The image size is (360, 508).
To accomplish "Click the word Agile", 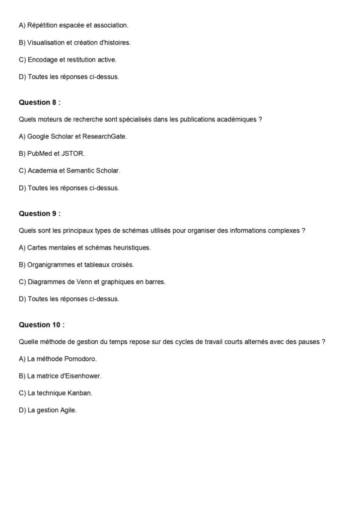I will [67, 410].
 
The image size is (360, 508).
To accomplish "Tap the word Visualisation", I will [46, 43].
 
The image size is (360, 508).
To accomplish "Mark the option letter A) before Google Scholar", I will [22, 136].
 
